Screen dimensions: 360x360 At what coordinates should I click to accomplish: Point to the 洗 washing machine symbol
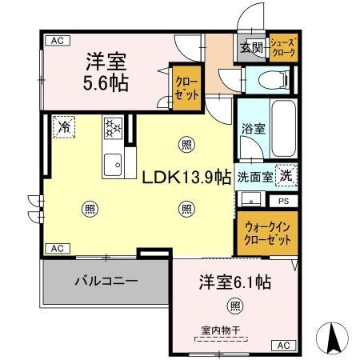(284, 176)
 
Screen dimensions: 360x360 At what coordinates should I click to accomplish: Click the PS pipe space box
(283, 201)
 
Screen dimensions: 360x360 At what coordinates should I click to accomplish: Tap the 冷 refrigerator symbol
(62, 126)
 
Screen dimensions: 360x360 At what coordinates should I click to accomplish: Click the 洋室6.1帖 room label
(234, 282)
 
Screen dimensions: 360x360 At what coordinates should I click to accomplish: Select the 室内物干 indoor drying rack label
(234, 330)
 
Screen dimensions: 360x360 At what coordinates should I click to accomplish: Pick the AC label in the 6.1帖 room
(282, 346)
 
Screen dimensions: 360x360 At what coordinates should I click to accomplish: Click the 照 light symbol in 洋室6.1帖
(234, 304)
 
